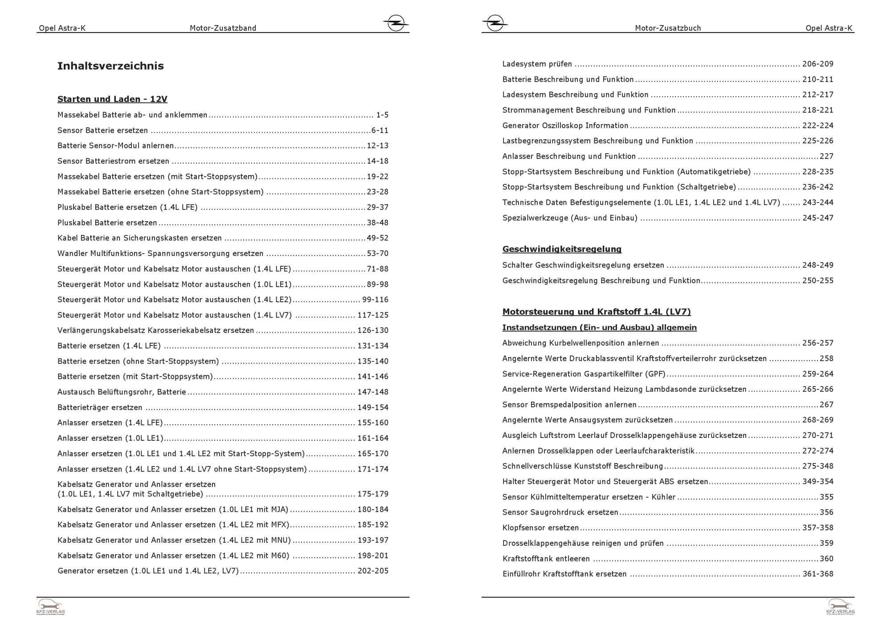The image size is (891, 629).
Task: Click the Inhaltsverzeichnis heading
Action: (110, 66)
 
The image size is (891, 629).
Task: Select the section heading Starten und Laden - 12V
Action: (112, 99)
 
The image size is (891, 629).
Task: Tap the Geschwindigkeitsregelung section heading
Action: (562, 249)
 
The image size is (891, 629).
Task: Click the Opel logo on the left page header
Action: (396, 23)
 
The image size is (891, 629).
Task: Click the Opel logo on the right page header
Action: (495, 23)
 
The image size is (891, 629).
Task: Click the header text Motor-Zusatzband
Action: (223, 28)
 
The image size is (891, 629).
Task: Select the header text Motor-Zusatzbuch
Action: (668, 28)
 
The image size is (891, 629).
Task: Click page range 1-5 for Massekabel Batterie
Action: (382, 115)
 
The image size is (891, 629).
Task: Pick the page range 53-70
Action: (377, 254)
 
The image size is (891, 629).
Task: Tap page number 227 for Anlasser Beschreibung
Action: (826, 156)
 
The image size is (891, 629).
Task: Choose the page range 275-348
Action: (817, 466)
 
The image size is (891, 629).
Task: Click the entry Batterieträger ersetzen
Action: (100, 408)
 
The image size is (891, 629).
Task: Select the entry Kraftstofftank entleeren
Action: (546, 559)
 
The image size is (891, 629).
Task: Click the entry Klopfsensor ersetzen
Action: (540, 528)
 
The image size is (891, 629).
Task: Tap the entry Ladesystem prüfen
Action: (537, 64)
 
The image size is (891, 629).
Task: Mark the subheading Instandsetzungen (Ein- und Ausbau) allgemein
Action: (599, 328)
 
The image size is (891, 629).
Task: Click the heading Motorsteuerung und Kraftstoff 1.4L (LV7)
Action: (597, 312)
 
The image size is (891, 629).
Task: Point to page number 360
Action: (826, 559)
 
